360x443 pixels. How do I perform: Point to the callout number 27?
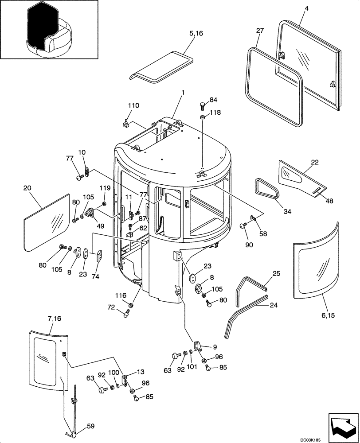point(260,31)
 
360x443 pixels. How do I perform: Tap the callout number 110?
point(133,106)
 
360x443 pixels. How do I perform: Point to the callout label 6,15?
point(328,315)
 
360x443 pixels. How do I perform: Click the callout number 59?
point(90,427)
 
